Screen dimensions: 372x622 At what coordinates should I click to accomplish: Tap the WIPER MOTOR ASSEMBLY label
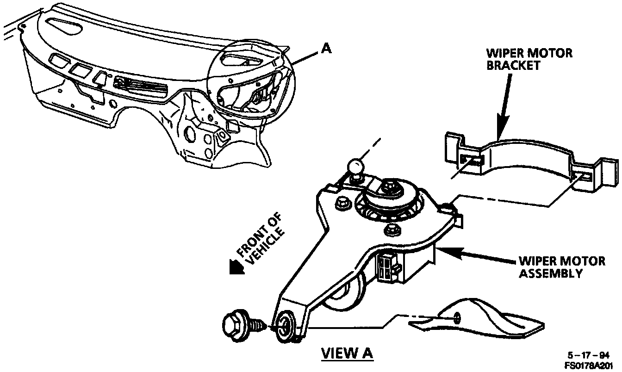561,267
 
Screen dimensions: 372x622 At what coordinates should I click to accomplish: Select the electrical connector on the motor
386,267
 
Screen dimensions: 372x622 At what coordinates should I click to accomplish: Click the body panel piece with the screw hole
477,319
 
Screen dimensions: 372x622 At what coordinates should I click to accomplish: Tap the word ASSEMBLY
550,273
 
